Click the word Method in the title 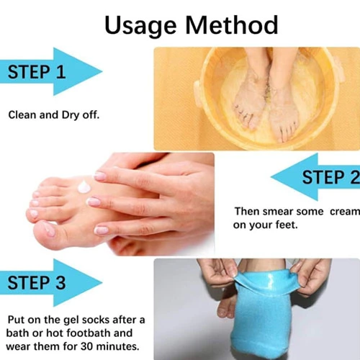[232, 25]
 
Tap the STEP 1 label [37, 72]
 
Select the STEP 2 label [331, 177]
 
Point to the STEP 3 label [37, 282]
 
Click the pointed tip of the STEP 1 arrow [102, 71]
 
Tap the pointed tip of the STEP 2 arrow [271, 177]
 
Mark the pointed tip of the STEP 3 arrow [102, 282]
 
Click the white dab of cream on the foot [84, 186]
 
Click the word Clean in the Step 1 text [22, 115]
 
